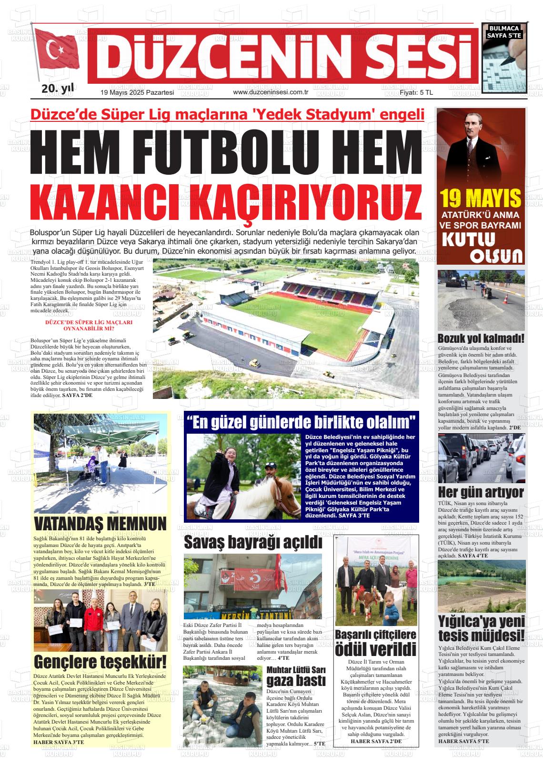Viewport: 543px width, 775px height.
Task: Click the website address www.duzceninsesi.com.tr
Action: click(271, 92)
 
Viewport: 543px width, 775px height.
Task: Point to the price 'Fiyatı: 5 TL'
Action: click(416, 93)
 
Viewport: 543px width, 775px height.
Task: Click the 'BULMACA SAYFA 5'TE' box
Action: click(504, 31)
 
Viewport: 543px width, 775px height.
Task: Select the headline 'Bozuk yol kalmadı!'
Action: click(481, 338)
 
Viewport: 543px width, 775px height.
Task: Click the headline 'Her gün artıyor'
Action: click(481, 492)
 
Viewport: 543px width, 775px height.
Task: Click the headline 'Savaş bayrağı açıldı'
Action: click(253, 542)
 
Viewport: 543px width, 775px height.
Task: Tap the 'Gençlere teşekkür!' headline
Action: click(101, 662)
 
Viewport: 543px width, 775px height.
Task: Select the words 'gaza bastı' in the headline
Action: click(296, 680)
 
